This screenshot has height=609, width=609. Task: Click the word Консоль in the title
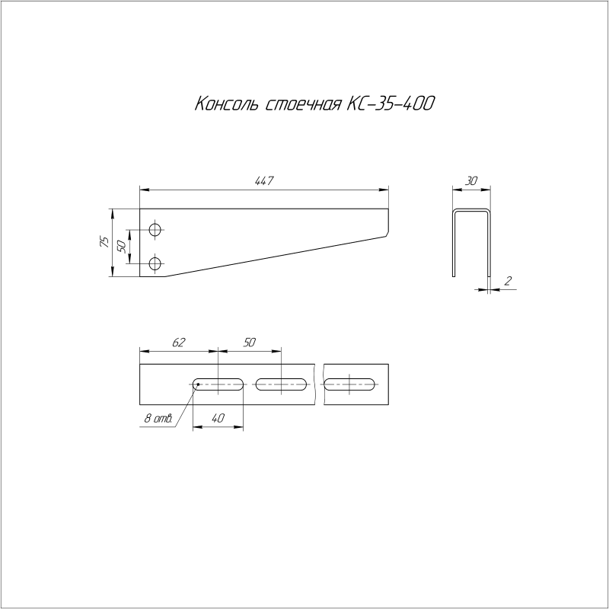click(228, 104)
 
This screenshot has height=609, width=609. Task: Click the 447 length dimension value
click(263, 180)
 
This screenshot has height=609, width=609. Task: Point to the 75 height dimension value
click(104, 242)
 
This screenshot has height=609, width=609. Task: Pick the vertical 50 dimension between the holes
click(121, 247)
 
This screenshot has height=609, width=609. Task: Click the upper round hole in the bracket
click(156, 229)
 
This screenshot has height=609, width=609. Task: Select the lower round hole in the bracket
click(156, 264)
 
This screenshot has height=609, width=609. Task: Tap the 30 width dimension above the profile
click(471, 181)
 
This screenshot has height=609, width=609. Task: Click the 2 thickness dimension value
click(508, 282)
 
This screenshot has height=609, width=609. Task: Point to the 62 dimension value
click(178, 343)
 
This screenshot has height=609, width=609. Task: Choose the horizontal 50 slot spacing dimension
click(249, 343)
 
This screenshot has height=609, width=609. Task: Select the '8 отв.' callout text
click(156, 419)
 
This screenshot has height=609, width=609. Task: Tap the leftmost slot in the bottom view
click(218, 384)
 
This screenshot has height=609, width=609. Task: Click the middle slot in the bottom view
click(282, 384)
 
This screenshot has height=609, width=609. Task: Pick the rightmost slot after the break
click(351, 384)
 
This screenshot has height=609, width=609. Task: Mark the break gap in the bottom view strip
click(318, 384)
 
